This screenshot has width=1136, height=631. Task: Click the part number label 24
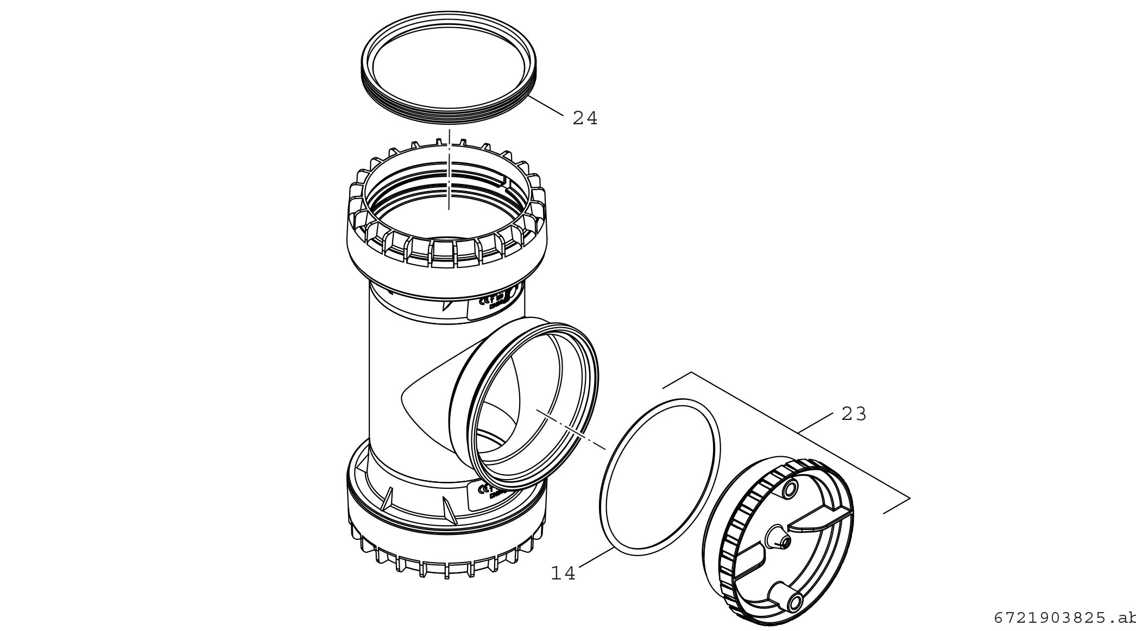click(x=585, y=118)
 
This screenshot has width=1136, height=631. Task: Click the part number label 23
click(x=854, y=415)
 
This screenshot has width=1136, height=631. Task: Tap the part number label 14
click(x=563, y=573)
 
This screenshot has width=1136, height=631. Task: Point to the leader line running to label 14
click(x=596, y=558)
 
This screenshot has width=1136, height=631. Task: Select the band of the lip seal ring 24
click(x=449, y=114)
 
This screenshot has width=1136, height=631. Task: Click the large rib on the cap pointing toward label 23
click(x=815, y=522)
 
